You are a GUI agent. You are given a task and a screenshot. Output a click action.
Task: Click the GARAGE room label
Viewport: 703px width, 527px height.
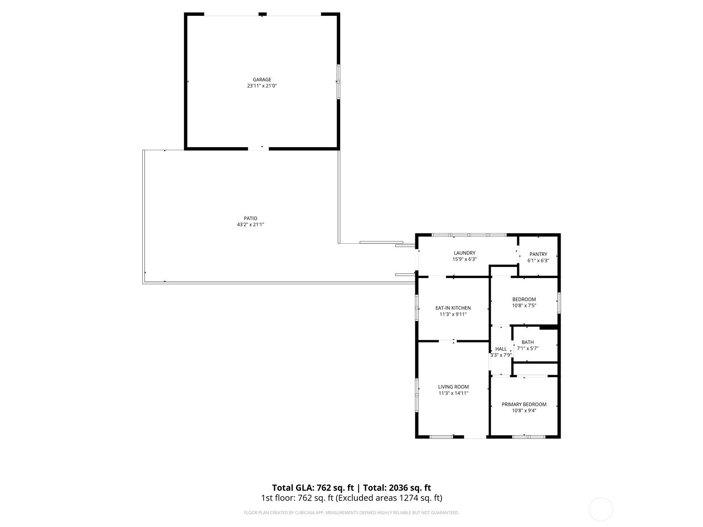pyautogui.click(x=262, y=79)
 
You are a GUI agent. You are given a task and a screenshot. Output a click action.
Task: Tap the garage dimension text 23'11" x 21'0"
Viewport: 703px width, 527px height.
pyautogui.click(x=262, y=86)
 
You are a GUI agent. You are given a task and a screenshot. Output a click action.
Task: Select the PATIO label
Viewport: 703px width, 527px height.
pyautogui.click(x=250, y=218)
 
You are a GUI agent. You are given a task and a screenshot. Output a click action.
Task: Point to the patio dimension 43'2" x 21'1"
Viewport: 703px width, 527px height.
pyautogui.click(x=250, y=224)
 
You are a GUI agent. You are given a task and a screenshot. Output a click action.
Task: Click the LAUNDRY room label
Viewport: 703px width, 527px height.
pyautogui.click(x=464, y=253)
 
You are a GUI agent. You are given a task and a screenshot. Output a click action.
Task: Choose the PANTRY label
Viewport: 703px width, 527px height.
pyautogui.click(x=538, y=254)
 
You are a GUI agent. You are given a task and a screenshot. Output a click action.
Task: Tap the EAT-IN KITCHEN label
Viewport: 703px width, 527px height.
pyautogui.click(x=453, y=308)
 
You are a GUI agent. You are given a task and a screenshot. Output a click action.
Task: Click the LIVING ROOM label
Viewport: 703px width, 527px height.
pyautogui.click(x=453, y=386)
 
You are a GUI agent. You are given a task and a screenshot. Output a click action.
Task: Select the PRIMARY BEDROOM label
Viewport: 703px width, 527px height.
pyautogui.click(x=524, y=404)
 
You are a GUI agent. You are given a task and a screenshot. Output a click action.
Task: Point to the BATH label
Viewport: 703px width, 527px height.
pyautogui.click(x=528, y=342)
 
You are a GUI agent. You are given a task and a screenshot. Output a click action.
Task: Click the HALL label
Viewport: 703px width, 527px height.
pyautogui.click(x=501, y=349)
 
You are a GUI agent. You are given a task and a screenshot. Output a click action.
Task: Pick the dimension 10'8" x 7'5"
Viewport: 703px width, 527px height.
pyautogui.click(x=524, y=306)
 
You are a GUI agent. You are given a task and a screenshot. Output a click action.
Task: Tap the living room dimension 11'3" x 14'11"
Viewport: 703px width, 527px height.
pyautogui.click(x=453, y=393)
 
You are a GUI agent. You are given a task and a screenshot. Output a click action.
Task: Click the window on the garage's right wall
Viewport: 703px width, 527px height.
pyautogui.click(x=338, y=82)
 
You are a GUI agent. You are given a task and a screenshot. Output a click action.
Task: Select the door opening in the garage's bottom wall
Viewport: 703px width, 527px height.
pyautogui.click(x=258, y=149)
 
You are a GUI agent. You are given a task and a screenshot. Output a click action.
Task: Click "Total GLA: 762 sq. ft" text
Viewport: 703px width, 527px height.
pyautogui.click(x=313, y=487)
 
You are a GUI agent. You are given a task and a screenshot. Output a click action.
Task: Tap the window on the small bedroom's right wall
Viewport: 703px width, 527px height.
pyautogui.click(x=559, y=303)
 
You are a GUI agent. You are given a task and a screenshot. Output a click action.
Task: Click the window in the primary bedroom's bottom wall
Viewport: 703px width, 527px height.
pyautogui.click(x=529, y=437)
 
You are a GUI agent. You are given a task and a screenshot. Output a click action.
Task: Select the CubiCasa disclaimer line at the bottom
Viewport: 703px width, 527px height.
pyautogui.click(x=351, y=513)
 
